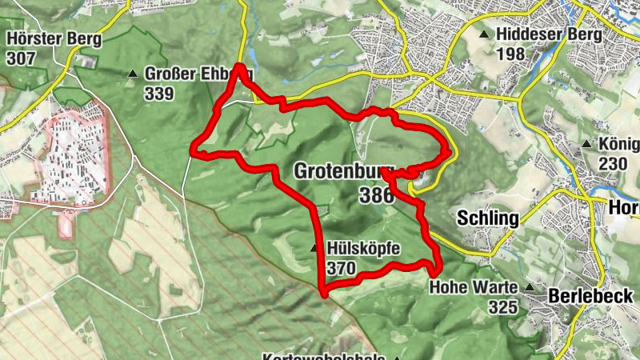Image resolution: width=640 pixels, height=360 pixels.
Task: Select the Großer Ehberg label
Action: click(198, 74)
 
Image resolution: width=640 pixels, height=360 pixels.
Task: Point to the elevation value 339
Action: click(160, 92)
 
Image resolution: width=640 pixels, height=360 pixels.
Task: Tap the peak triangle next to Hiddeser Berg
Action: click(484, 34)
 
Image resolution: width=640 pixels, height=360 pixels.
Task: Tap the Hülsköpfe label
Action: click(363, 248)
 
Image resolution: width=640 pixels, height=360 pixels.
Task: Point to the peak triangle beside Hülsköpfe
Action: click(314, 248)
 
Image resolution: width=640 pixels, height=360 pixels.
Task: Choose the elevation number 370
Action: click(341, 268)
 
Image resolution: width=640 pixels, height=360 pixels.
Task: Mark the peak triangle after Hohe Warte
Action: click(530, 286)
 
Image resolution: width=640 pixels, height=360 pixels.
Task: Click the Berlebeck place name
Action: click(591, 295)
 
